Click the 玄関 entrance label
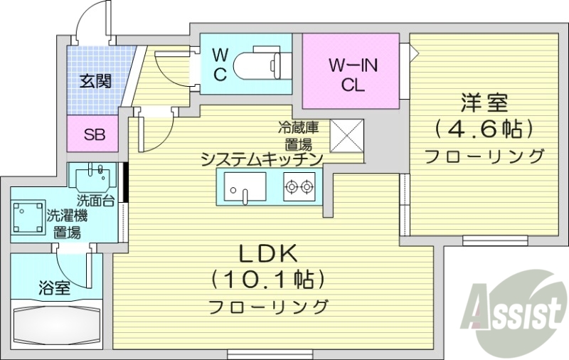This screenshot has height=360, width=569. (95, 82)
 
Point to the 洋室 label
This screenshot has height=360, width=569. (484, 104)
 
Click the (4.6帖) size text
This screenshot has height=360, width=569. (484, 129)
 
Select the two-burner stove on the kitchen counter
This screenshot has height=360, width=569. (299, 187)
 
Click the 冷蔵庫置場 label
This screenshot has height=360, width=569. (297, 134)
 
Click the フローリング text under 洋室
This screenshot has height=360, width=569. (484, 155)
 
